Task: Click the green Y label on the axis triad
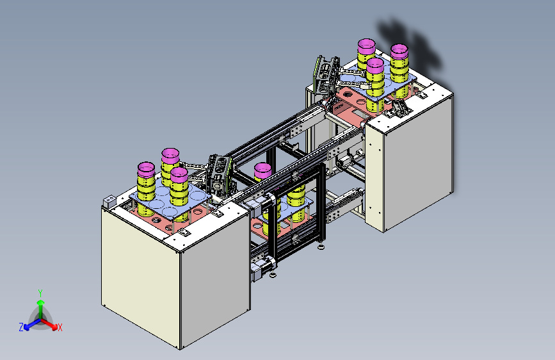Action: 40,293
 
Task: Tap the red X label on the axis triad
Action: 60,327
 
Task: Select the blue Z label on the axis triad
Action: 21,327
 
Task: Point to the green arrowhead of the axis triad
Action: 41,302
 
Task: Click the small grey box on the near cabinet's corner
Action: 109,201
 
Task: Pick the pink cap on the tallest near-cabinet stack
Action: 170,156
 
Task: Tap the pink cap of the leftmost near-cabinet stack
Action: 146,170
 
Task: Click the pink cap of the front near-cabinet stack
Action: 179,175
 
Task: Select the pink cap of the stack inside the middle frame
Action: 262,170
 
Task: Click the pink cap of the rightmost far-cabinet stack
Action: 399,51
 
